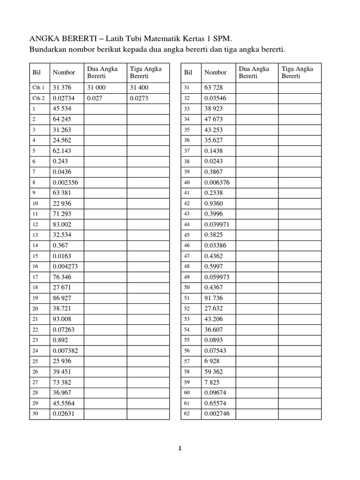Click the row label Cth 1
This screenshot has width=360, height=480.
[x=39, y=88]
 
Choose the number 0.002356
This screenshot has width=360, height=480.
[x=65, y=182]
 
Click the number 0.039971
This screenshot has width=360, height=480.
[x=217, y=225]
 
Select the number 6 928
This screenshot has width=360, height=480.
[x=212, y=361]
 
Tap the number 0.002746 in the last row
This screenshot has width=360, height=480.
[x=217, y=414]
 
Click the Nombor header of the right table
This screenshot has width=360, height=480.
[x=215, y=73]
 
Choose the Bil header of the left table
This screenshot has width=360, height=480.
[x=37, y=73]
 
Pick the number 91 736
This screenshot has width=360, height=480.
[x=214, y=298]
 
